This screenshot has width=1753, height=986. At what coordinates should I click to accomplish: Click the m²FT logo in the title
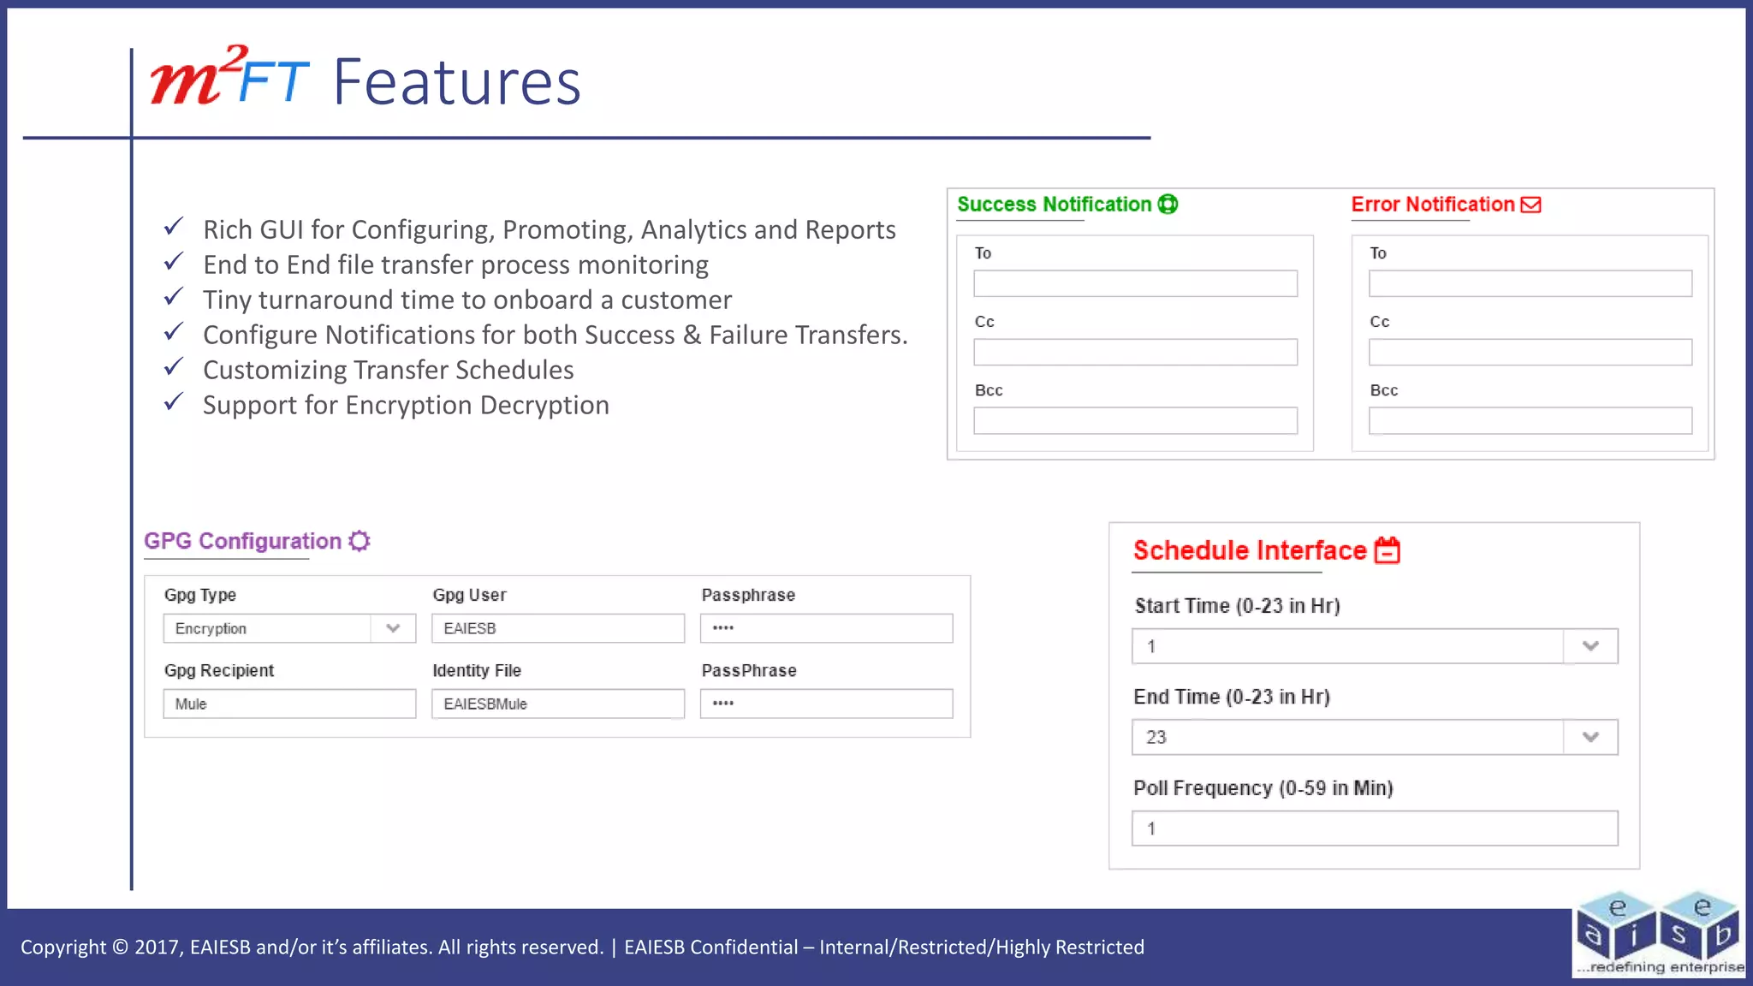[229, 79]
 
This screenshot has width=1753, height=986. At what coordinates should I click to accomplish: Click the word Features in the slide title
[457, 83]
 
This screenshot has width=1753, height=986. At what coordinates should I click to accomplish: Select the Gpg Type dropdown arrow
[393, 628]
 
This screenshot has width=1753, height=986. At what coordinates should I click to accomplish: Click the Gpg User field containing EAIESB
[557, 628]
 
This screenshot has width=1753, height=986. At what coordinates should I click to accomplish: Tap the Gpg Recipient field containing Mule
[289, 704]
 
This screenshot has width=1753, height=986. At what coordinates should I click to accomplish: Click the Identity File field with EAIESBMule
[557, 704]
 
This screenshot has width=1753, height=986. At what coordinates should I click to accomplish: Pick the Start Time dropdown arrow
[1590, 646]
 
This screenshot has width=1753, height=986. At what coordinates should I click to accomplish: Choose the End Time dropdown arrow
[1590, 737]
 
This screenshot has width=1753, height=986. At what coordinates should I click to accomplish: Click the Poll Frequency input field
[1374, 829]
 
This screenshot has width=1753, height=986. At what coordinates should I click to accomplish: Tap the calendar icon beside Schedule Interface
[1388, 550]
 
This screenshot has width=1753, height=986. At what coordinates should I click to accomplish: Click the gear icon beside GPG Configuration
[360, 541]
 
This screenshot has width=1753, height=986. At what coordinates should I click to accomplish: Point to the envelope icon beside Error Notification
[1530, 205]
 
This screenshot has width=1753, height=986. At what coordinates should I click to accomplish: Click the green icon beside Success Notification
[1168, 205]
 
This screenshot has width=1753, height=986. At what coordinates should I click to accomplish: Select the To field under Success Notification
[1135, 283]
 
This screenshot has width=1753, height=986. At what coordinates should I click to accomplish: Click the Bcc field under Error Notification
[1530, 420]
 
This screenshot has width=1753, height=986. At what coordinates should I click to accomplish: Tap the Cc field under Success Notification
[1135, 352]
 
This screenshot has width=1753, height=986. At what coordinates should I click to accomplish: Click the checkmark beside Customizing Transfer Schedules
[174, 367]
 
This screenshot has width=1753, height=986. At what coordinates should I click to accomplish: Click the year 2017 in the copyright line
[157, 947]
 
